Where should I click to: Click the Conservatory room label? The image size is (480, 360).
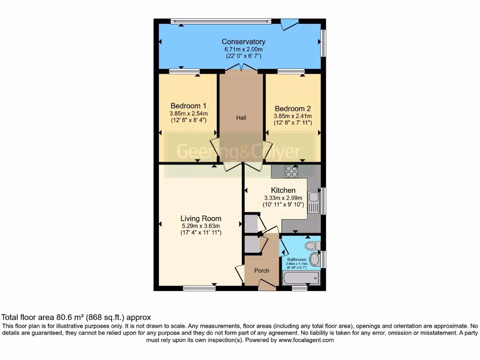243,42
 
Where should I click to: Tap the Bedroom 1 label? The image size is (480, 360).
188,105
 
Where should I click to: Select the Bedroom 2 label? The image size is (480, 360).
292,108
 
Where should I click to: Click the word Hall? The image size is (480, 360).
241,118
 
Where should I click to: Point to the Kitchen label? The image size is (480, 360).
283,190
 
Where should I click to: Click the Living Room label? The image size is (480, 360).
201,218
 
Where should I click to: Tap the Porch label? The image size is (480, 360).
262,270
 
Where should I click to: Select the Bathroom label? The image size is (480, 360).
297,260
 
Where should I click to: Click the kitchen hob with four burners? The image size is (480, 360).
292,172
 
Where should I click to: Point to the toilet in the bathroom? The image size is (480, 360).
313,246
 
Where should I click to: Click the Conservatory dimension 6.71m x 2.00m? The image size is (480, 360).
243,49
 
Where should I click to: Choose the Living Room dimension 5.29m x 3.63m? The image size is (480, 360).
201,226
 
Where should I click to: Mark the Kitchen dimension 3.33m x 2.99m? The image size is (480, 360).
283,198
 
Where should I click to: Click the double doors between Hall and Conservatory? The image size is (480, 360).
241,69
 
